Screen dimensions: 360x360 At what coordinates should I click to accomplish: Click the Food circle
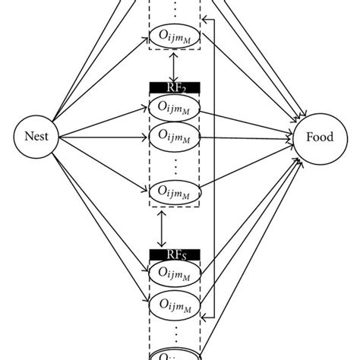click(x=321, y=139)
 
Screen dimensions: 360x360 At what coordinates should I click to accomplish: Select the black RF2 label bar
click(x=175, y=87)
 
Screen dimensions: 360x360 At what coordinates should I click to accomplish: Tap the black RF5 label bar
click(x=175, y=254)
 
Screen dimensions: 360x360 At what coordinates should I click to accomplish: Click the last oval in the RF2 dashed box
click(x=175, y=191)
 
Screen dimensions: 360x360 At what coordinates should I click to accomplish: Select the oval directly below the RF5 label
click(x=175, y=271)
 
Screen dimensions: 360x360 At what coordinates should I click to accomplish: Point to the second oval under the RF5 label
click(x=175, y=304)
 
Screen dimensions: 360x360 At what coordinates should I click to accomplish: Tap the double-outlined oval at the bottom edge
click(x=175, y=354)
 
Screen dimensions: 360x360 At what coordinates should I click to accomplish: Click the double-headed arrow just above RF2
click(x=175, y=68)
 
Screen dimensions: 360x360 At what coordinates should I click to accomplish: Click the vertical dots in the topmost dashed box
click(x=175, y=10)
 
